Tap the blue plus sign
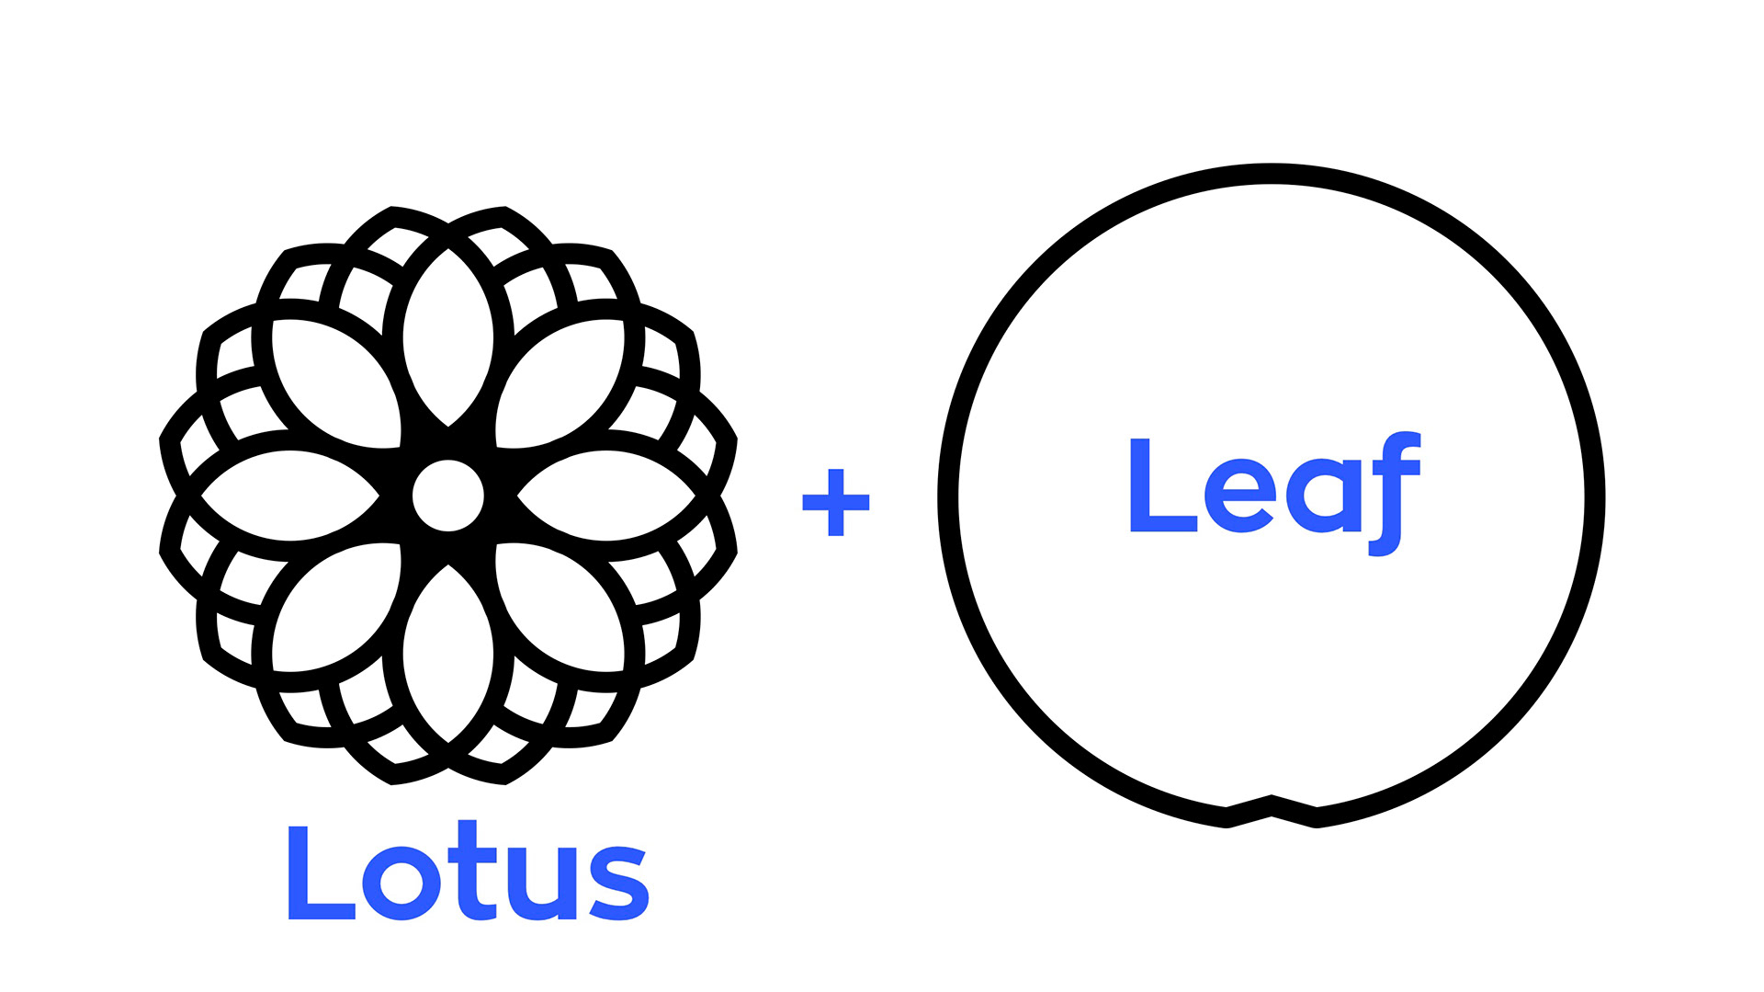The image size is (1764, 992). tap(835, 502)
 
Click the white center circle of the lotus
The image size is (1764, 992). tap(448, 496)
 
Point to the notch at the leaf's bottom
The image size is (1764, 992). tap(1272, 806)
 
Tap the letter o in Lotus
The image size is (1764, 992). tap(402, 882)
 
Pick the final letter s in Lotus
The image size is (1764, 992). tap(618, 883)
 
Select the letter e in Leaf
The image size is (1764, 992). tap(1239, 496)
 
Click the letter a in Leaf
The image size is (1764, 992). tap(1323, 496)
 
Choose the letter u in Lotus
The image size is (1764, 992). tap(541, 883)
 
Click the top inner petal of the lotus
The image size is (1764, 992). tap(448, 336)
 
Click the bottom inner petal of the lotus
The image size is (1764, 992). tap(448, 655)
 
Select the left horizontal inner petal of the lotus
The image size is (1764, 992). tap(290, 496)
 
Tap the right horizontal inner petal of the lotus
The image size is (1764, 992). tap(606, 496)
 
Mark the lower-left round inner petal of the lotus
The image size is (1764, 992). tap(336, 608)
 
